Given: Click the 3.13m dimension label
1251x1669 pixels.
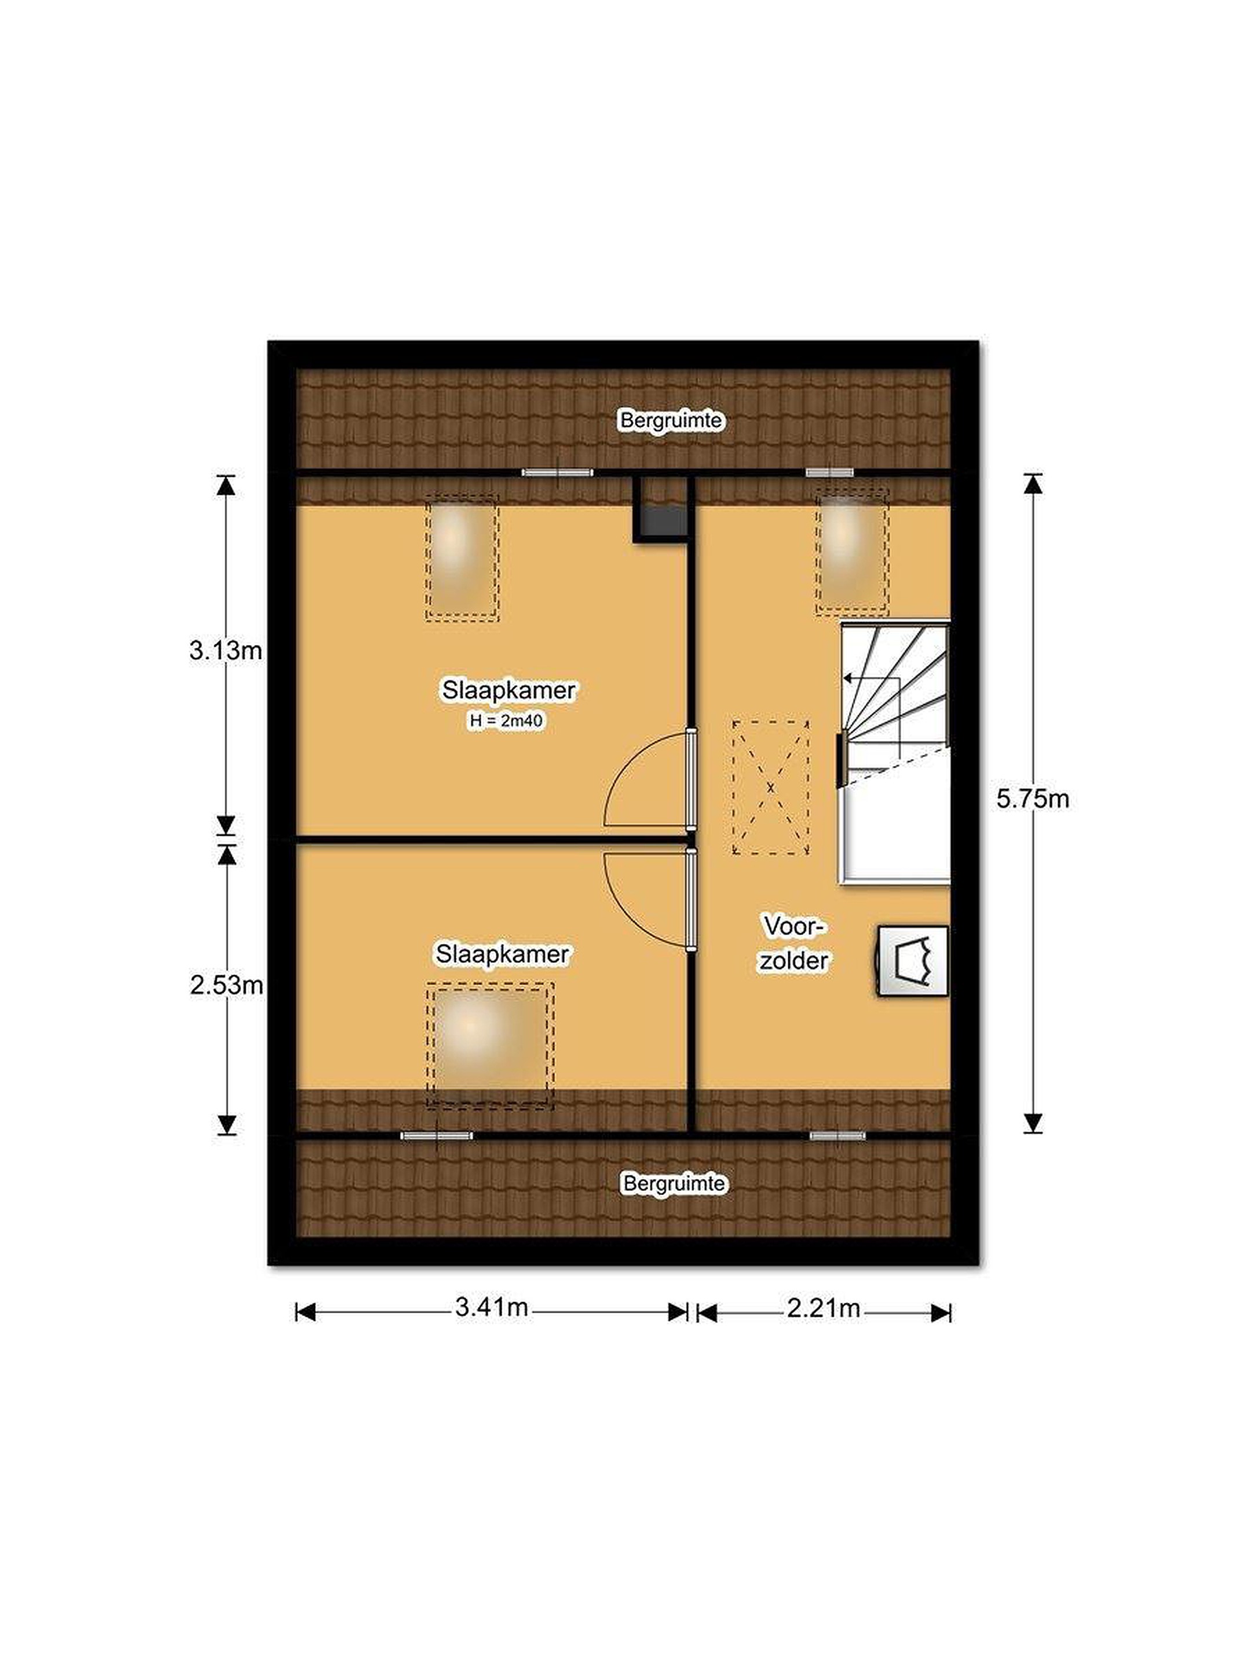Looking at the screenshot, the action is tap(225, 650).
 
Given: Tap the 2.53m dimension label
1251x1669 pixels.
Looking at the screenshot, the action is tap(226, 985).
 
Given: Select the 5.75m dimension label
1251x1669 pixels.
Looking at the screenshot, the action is tap(1032, 799).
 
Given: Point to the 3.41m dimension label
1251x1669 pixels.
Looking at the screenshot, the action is tap(491, 1307).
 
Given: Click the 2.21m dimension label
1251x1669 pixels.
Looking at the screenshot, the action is tap(824, 1307).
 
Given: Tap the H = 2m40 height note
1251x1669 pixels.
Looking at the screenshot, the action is tap(506, 720).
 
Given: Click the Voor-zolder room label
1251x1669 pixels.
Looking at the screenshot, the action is tap(794, 943).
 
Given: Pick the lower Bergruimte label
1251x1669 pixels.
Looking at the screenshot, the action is tap(674, 1183).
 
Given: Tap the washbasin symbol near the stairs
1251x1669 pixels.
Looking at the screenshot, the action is tap(912, 961).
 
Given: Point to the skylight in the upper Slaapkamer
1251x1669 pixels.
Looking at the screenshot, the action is tap(462, 557).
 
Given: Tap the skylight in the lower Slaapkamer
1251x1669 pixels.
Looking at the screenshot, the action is tap(490, 1045).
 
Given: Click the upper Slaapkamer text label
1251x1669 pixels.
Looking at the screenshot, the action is tap(509, 690).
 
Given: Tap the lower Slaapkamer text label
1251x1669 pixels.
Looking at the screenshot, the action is tap(502, 954).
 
